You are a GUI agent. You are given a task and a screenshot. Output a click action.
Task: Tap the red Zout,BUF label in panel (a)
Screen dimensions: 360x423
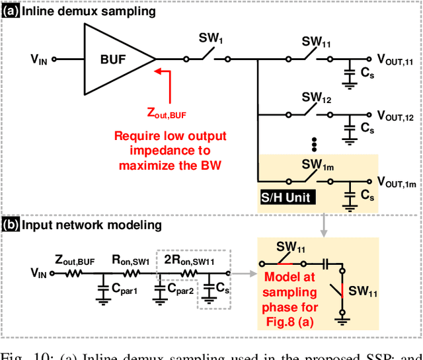click(x=167, y=115)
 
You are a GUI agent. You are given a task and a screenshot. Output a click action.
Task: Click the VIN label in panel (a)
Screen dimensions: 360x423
click(x=40, y=59)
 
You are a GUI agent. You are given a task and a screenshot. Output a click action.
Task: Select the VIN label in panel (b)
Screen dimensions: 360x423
click(x=40, y=271)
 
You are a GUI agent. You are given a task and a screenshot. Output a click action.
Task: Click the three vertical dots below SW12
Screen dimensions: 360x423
click(x=315, y=145)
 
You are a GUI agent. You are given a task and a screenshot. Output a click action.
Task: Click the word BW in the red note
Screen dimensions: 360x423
click(x=210, y=165)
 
